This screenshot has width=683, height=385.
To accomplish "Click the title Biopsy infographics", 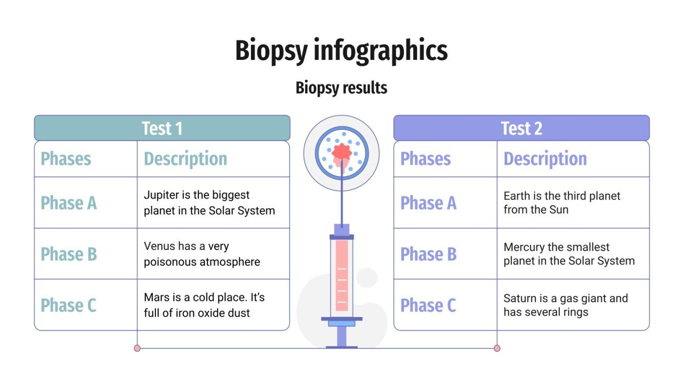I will (341, 51).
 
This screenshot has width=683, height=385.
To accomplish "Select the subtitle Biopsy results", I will (341, 88).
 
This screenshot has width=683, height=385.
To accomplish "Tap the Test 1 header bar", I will (162, 128).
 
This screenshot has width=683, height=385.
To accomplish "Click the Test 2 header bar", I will (521, 128).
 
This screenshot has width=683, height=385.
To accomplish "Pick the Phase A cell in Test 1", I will (69, 203).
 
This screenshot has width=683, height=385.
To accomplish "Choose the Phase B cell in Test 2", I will (428, 254).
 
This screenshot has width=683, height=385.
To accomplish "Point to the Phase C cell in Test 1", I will (69, 306).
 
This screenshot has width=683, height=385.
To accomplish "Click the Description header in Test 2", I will (545, 159).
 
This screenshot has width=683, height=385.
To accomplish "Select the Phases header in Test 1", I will (66, 159).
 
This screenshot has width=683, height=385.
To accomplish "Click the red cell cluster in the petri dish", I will (341, 152).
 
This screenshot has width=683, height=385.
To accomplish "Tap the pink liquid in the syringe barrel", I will (341, 276).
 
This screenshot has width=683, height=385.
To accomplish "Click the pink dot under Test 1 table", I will (137, 348).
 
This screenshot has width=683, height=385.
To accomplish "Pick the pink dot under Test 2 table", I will (497, 348).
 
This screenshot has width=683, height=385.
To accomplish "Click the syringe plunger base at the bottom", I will (341, 347).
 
